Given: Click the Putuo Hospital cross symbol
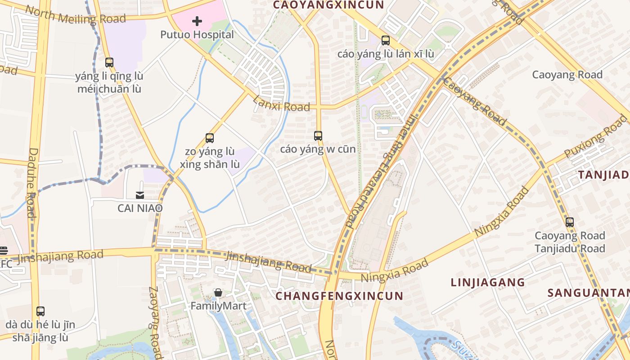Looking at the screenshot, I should click(197, 21).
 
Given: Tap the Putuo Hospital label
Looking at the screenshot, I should click(198, 35).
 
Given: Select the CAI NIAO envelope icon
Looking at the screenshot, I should click(140, 195).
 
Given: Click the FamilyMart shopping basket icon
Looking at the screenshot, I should click(218, 293).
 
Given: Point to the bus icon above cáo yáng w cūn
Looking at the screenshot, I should click(318, 135).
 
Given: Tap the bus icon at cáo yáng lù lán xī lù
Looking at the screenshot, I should click(386, 40).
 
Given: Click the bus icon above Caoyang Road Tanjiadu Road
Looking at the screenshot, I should click(570, 222).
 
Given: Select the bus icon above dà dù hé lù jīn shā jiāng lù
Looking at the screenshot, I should click(40, 311).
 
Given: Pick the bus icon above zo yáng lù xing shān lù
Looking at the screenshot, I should click(210, 138).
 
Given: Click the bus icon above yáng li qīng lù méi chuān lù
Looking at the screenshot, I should click(109, 63).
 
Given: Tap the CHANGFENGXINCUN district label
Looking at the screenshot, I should click(339, 296).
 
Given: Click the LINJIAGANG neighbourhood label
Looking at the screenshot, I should click(488, 283).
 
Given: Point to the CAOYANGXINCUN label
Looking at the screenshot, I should click(328, 5).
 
